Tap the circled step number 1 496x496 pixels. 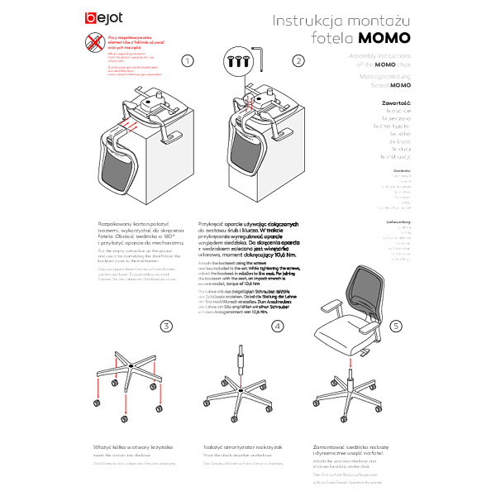point(188,60)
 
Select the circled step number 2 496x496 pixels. point(298,60)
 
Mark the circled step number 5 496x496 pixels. point(396,326)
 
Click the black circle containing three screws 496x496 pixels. point(239,60)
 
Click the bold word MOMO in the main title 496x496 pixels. point(384,38)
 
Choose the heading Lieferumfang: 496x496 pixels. point(398,222)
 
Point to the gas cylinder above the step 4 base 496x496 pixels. point(241,362)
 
